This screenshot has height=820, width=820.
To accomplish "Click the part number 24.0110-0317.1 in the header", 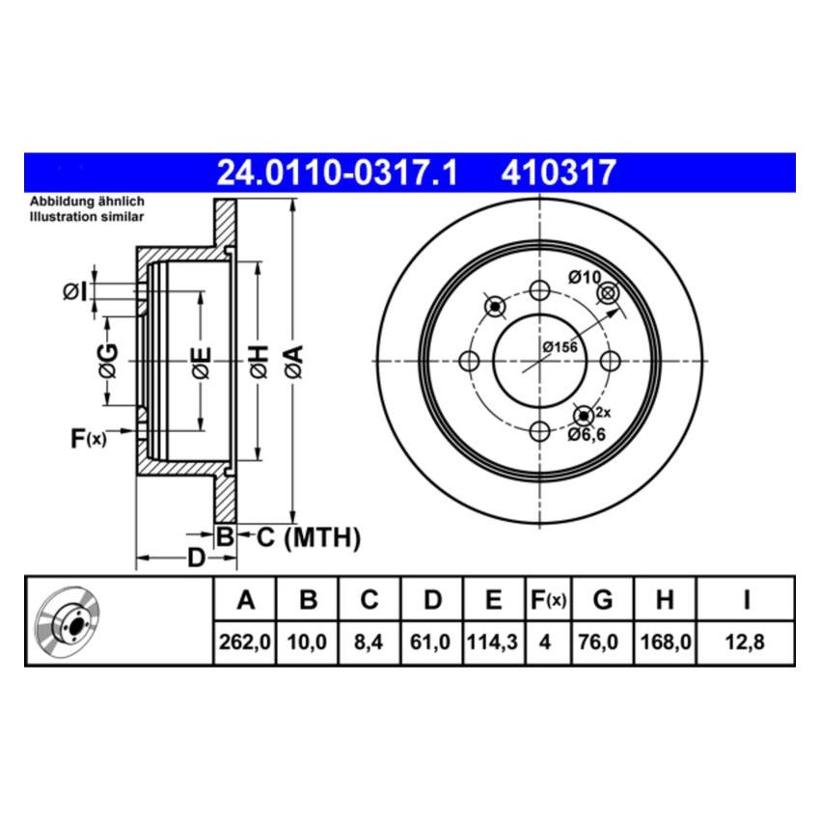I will click(x=337, y=173).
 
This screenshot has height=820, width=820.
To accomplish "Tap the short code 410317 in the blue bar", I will click(x=558, y=173).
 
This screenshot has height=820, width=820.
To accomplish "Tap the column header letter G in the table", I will click(x=603, y=600).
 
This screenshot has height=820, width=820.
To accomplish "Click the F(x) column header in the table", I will click(x=548, y=600).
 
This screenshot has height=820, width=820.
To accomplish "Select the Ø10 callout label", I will click(x=585, y=277).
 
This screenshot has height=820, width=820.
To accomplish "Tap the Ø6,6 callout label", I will click(x=586, y=436).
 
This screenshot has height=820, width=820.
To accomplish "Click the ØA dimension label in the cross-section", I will click(x=296, y=361).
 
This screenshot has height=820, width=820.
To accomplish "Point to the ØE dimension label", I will click(x=201, y=362).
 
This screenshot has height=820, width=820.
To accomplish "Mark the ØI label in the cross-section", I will click(x=74, y=290).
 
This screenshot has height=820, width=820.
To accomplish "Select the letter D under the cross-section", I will click(x=195, y=559).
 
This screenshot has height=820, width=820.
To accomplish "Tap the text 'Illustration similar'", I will click(x=87, y=217).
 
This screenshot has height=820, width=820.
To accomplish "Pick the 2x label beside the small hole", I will click(x=604, y=412).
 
